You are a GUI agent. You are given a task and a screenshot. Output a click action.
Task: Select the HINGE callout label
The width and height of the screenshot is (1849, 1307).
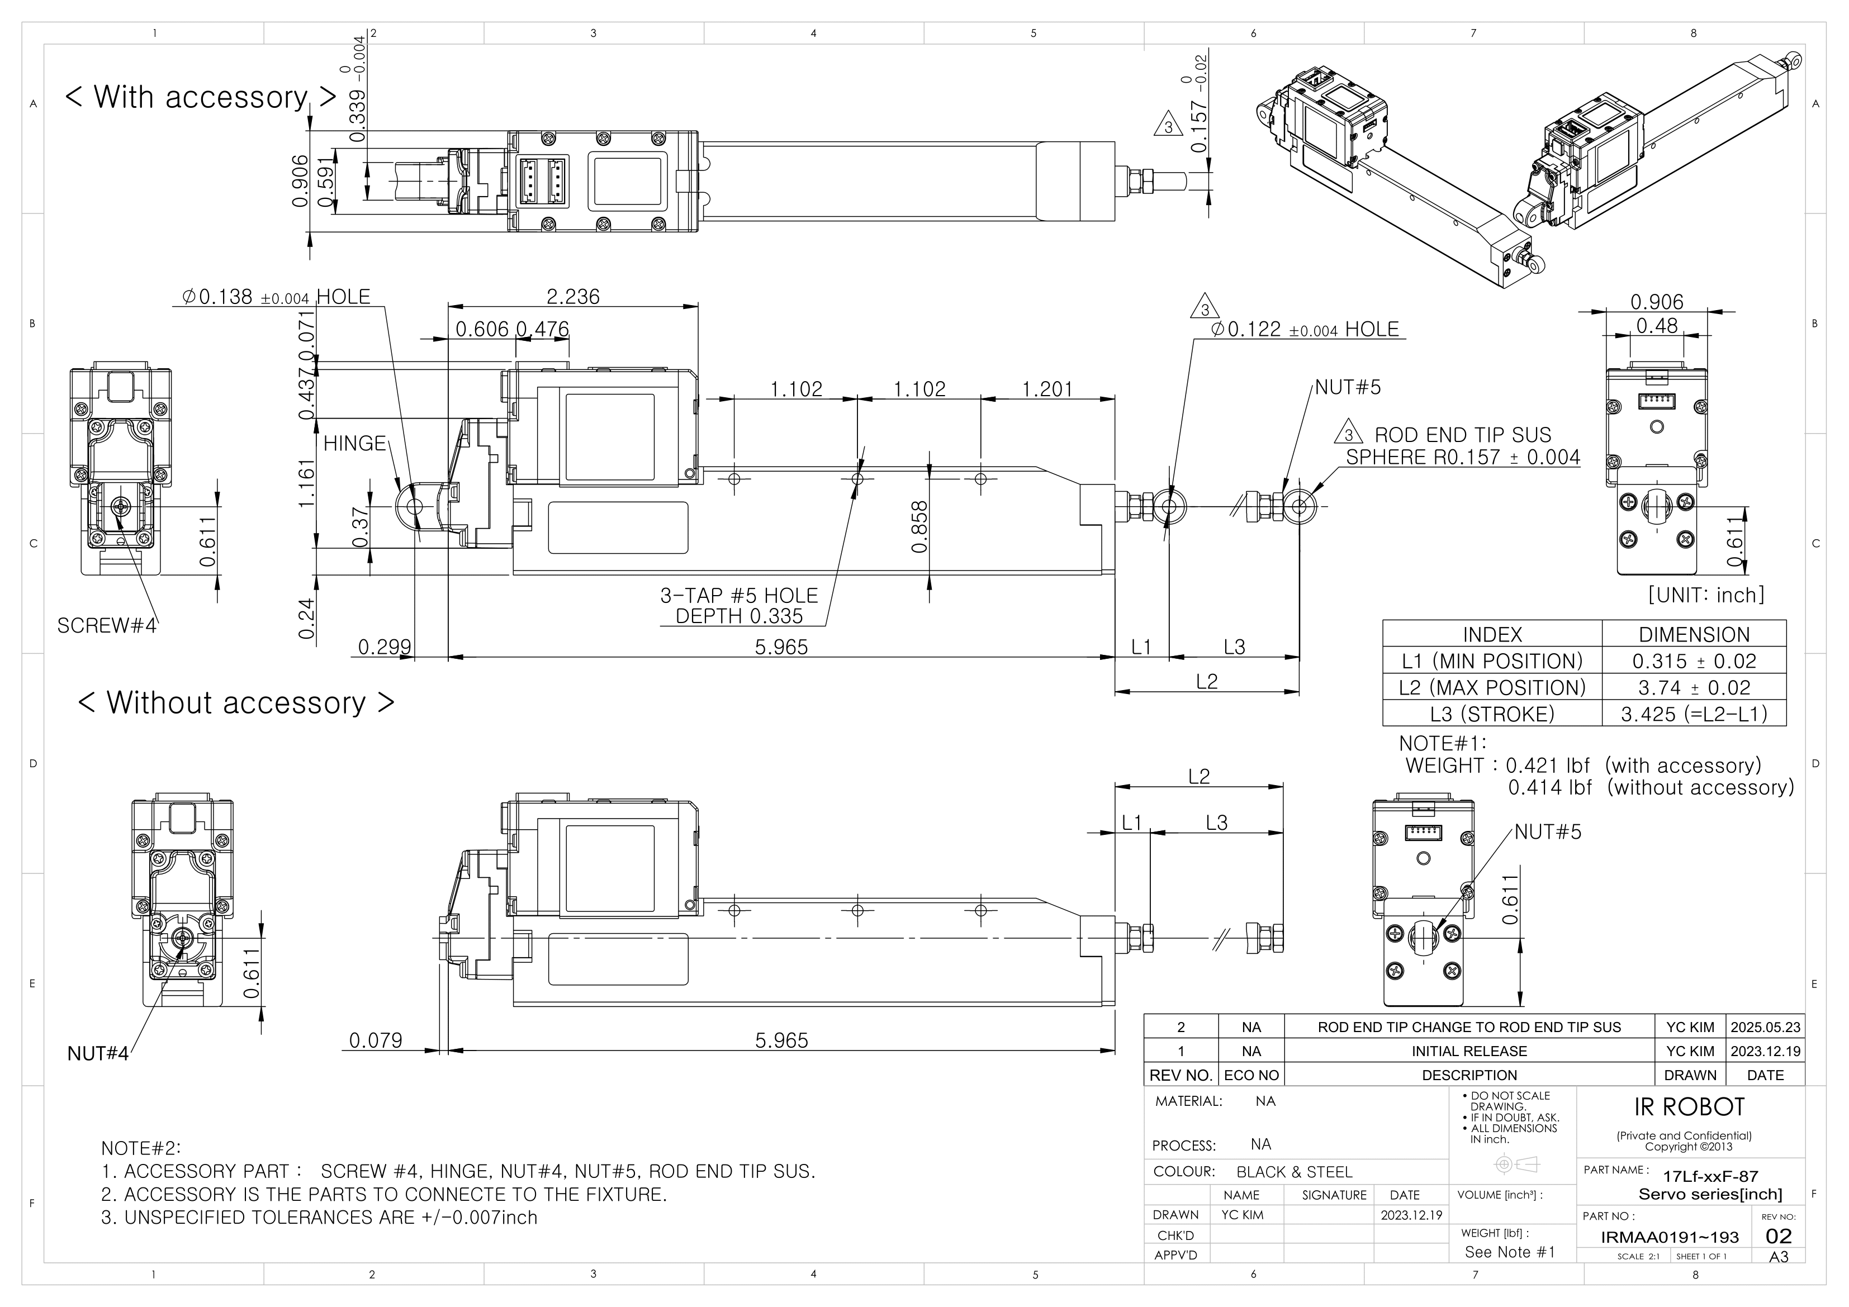354,444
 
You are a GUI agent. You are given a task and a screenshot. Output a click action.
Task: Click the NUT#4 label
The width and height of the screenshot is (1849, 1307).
97,1053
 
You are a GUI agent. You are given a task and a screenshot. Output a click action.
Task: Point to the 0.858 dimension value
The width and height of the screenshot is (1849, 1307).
919,527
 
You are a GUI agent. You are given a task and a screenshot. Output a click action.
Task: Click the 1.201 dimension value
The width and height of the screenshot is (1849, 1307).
1047,390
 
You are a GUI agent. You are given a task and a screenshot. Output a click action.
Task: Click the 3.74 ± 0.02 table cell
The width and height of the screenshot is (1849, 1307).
1694,688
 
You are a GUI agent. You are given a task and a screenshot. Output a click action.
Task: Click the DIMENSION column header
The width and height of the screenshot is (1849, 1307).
1694,635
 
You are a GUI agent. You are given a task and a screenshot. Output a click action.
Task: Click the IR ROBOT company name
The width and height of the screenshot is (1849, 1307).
1689,1108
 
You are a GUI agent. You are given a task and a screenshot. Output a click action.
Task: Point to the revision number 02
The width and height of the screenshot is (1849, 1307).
1778,1236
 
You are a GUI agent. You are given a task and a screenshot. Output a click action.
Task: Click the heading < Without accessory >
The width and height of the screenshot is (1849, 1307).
236,702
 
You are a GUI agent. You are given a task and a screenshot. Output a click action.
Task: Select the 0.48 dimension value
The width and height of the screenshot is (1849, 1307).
1657,326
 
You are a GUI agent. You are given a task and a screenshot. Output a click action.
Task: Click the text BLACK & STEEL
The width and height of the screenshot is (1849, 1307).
1294,1172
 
